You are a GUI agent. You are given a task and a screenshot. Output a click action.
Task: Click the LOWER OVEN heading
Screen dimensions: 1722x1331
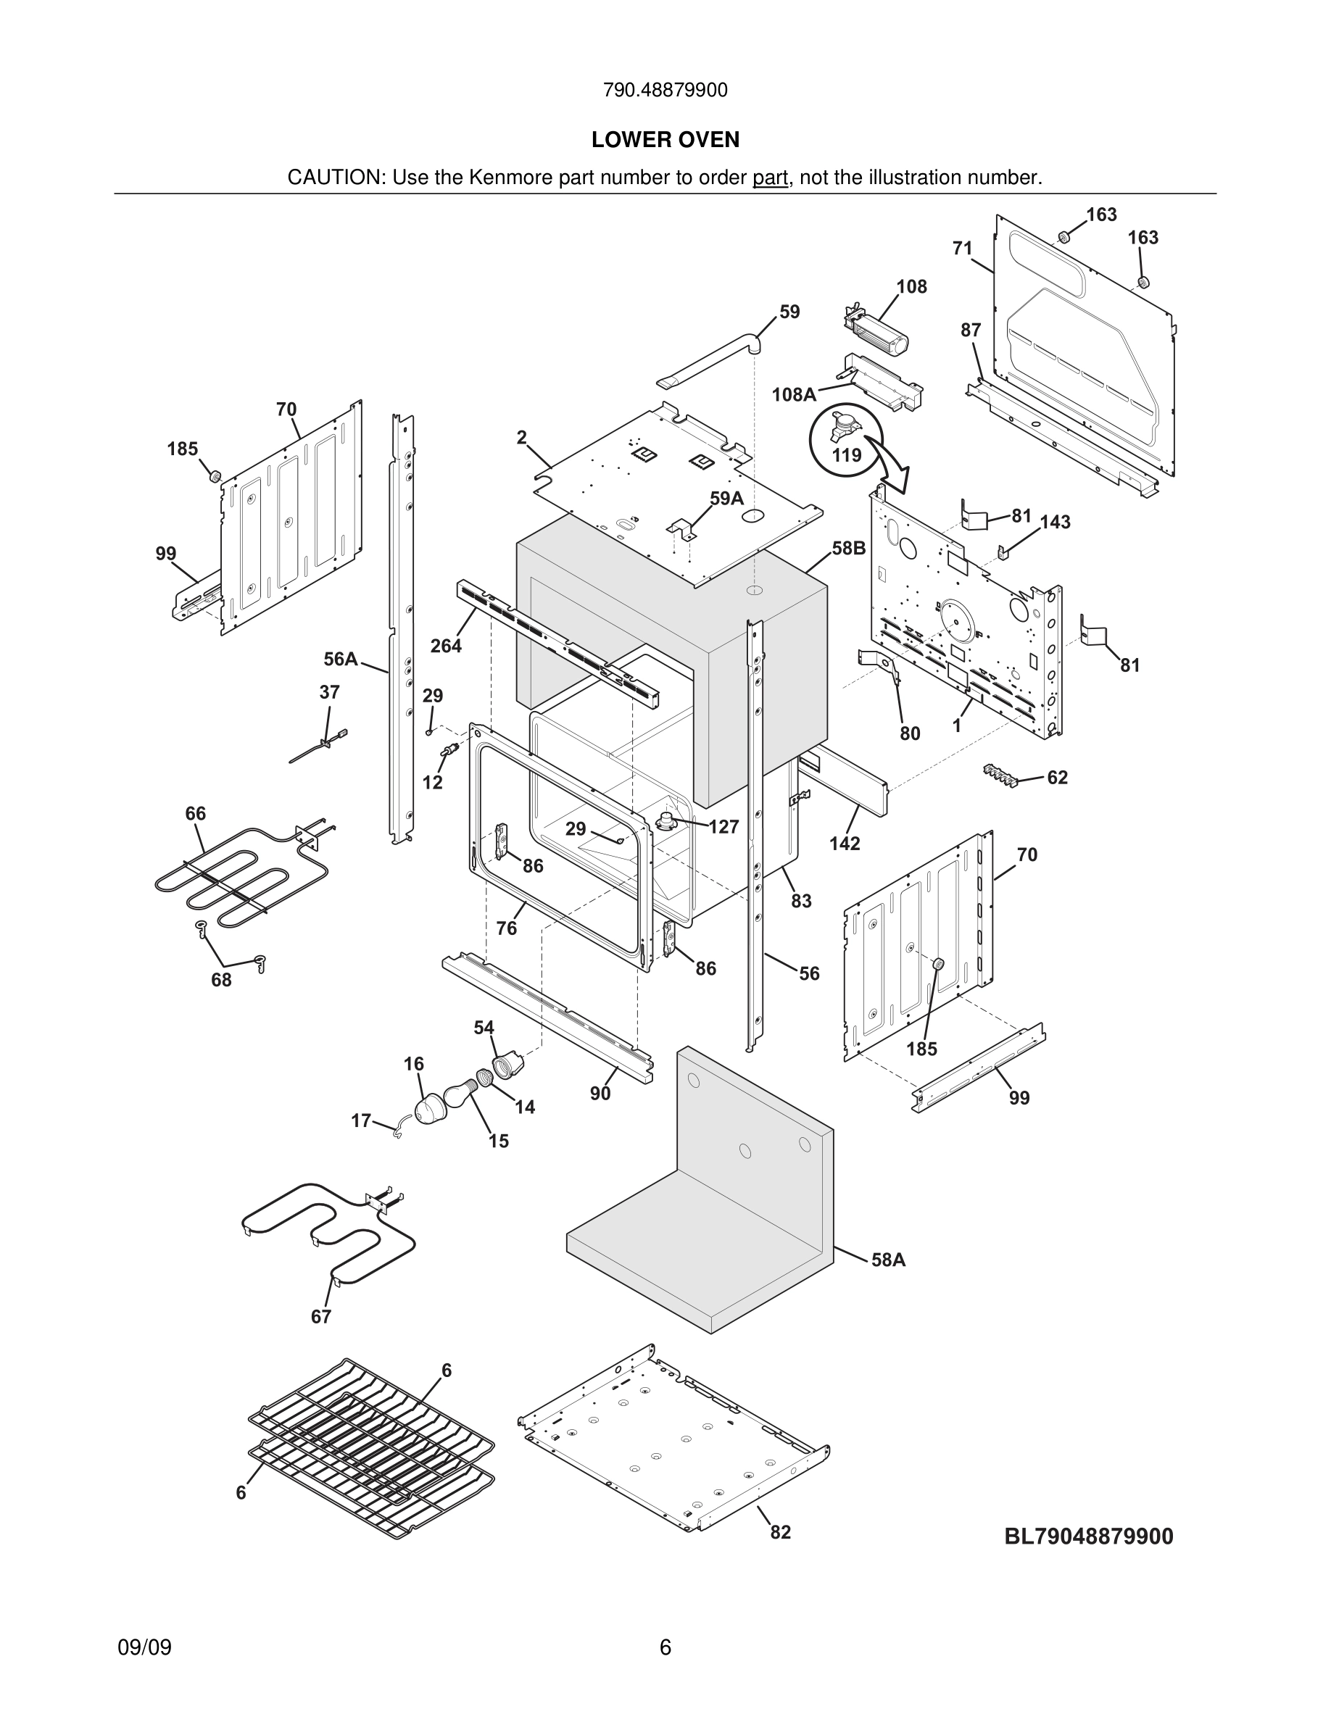click(x=665, y=140)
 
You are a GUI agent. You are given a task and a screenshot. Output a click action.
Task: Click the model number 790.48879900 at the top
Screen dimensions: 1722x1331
click(x=665, y=91)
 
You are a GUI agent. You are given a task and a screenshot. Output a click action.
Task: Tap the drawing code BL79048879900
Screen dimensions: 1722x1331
click(x=1088, y=1536)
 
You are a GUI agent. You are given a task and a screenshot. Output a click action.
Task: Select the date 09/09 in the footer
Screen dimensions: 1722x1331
click(x=144, y=1647)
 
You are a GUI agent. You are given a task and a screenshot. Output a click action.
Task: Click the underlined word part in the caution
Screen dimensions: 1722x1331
click(x=770, y=178)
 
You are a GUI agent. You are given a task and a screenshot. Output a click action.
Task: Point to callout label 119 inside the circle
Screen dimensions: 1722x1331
click(x=846, y=455)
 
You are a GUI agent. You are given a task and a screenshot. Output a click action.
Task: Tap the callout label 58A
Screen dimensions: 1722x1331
click(x=888, y=1260)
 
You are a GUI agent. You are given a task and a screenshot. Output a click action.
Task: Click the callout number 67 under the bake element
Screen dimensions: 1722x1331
click(x=321, y=1316)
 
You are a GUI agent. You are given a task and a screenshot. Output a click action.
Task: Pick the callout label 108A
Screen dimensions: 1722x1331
click(x=793, y=394)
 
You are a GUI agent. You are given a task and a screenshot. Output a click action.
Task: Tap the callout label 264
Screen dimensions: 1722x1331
click(x=446, y=646)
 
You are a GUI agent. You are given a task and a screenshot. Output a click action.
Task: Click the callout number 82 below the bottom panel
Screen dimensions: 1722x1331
click(x=780, y=1531)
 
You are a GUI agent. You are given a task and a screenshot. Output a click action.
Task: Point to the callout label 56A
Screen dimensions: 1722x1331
click(x=341, y=658)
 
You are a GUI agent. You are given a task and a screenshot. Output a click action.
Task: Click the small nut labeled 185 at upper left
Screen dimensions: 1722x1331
click(x=212, y=475)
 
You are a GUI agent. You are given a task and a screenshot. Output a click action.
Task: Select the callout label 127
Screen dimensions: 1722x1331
click(x=723, y=826)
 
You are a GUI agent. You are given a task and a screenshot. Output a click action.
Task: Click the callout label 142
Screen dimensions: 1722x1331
click(x=845, y=843)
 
